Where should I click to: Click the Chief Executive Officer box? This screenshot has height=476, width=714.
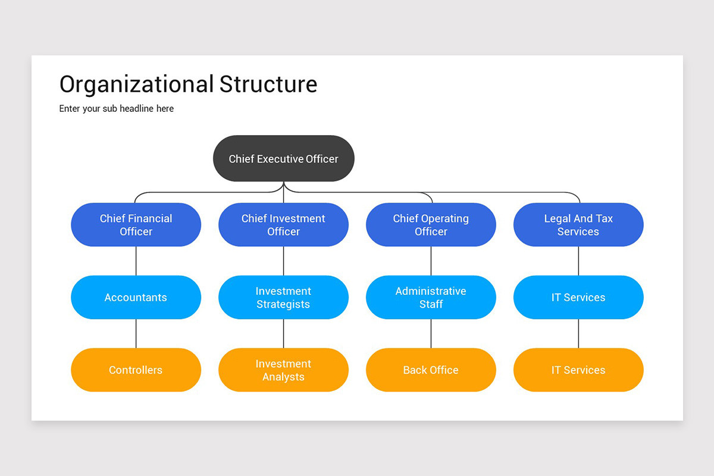[x=284, y=159]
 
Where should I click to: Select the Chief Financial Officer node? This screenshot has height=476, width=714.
[x=136, y=225]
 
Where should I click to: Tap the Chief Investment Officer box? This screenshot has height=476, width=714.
[x=283, y=225]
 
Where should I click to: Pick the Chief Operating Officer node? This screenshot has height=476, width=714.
[x=431, y=225]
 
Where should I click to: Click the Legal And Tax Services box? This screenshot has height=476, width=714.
[x=578, y=225]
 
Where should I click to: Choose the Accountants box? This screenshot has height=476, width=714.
[x=136, y=297]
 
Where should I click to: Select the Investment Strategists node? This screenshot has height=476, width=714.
[x=283, y=297]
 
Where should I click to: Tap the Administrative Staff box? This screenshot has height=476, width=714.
[x=431, y=297]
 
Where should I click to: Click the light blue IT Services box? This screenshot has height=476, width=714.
[x=578, y=297]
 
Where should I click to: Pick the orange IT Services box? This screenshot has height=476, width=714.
[x=578, y=370]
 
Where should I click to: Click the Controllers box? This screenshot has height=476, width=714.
[x=136, y=370]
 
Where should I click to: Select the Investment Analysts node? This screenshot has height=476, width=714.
[x=283, y=370]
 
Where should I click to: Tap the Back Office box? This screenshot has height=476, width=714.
[x=431, y=370]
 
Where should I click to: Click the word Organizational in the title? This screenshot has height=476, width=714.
[x=136, y=84]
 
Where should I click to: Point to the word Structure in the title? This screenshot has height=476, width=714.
[x=268, y=84]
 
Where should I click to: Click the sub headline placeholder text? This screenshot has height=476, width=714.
[x=117, y=109]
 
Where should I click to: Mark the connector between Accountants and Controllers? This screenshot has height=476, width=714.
[x=136, y=333]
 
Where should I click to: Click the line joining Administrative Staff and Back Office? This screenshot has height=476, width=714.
[x=431, y=333]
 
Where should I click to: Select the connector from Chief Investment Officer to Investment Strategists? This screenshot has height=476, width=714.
[x=283, y=261]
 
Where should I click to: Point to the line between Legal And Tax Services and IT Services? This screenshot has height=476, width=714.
[x=578, y=261]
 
